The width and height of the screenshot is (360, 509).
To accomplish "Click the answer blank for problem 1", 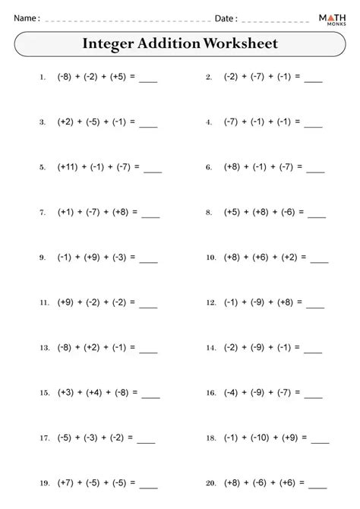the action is click(149, 79).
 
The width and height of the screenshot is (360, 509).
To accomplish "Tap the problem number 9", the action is click(43, 258).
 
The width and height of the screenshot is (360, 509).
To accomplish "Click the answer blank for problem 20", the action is click(318, 486).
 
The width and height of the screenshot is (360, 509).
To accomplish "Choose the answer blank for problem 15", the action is click(150, 395).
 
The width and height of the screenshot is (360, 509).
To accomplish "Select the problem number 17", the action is click(42, 439).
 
